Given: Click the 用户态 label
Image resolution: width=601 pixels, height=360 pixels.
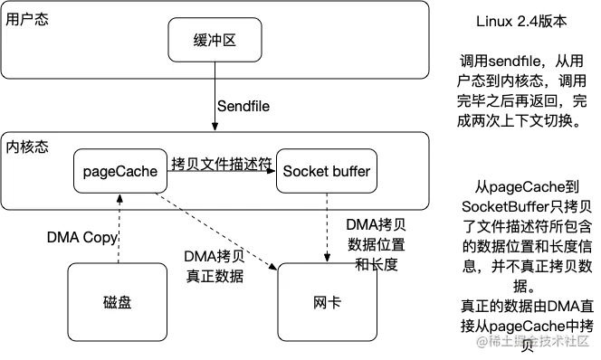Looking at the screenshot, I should (26, 20).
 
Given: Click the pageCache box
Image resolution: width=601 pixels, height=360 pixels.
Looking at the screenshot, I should (120, 171).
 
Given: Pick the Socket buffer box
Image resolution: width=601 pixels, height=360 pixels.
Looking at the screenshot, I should (327, 171).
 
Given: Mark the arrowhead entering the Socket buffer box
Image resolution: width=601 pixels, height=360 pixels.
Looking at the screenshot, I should (272, 178).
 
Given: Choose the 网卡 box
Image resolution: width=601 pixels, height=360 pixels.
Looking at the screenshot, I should (327, 302).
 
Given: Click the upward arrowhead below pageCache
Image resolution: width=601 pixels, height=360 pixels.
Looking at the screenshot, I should (119, 196).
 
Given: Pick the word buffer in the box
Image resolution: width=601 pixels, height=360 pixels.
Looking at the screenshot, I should (349, 171).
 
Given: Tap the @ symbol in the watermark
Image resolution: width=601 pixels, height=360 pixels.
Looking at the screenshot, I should (482, 341).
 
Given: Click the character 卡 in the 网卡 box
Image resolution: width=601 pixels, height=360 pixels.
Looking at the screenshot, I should (334, 302).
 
